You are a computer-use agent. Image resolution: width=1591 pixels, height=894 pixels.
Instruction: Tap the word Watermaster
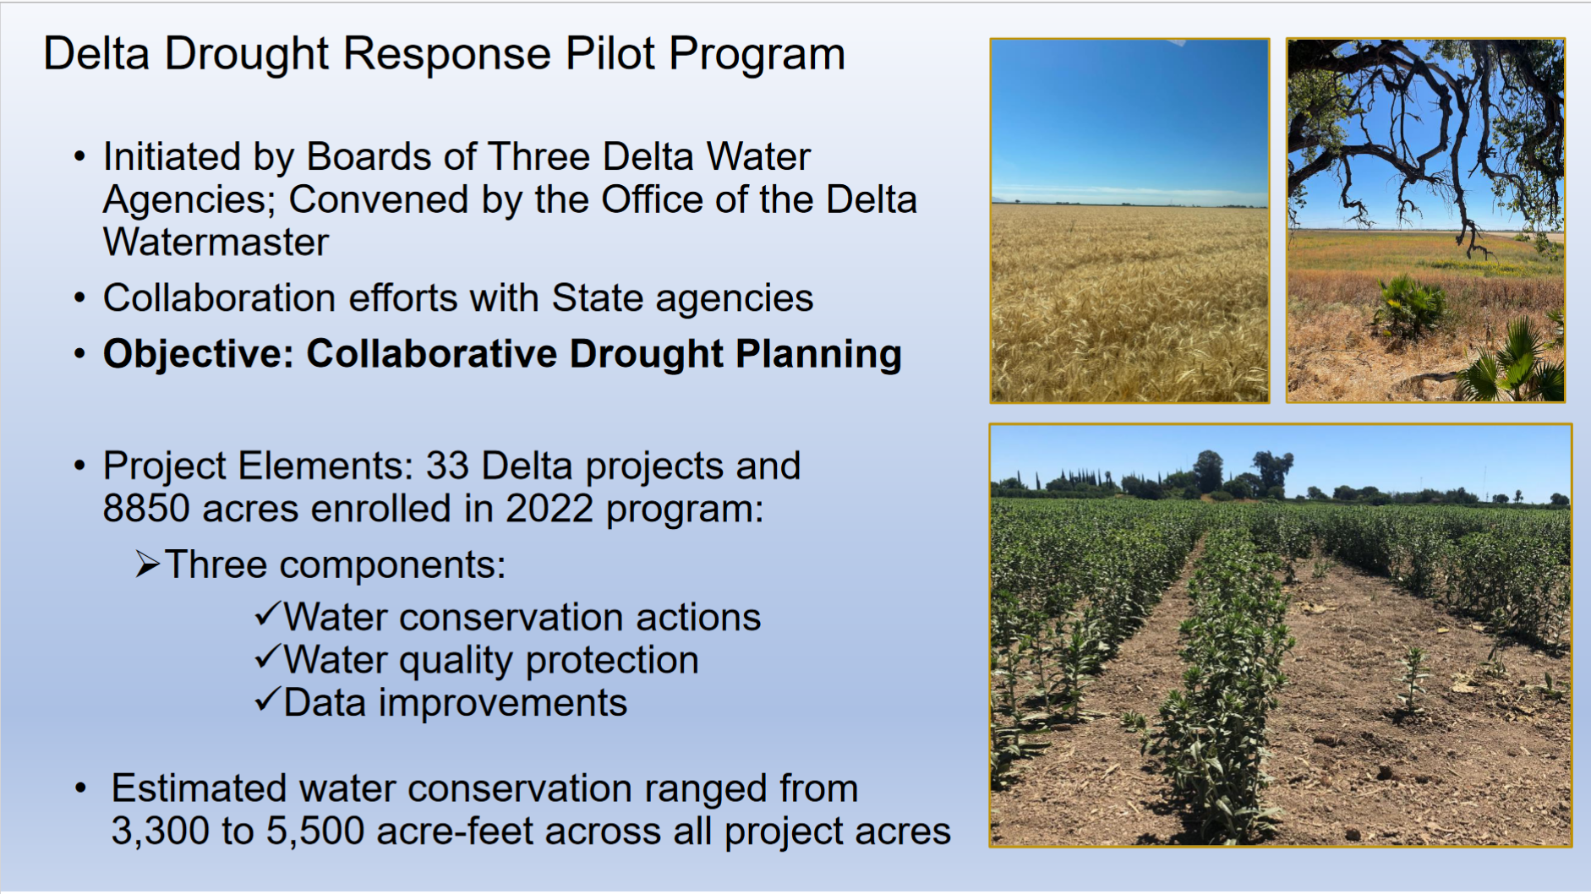(216, 243)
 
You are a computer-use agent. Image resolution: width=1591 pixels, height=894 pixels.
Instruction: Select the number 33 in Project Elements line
(447, 466)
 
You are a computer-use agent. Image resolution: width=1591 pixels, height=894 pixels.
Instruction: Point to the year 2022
(549, 509)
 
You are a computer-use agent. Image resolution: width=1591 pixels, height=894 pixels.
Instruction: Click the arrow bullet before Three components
(147, 564)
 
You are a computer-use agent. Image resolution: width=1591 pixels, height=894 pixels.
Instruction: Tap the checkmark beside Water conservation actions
(267, 614)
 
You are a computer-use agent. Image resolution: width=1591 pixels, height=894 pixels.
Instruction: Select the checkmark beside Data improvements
(267, 700)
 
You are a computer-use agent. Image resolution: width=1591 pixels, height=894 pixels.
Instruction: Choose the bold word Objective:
(198, 354)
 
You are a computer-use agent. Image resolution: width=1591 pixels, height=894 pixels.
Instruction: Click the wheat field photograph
(1129, 221)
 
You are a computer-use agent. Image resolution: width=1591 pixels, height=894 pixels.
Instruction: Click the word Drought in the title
(246, 55)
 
